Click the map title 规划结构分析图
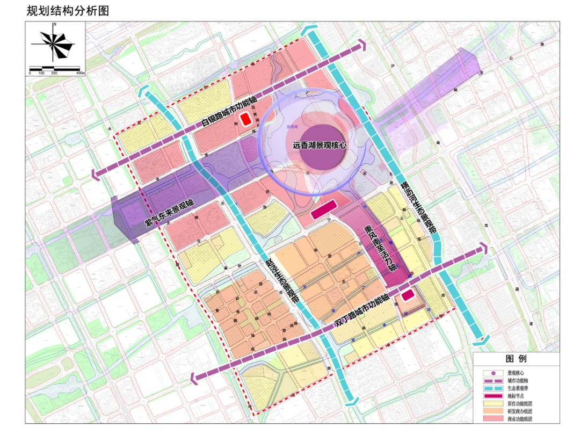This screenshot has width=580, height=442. point(67,10)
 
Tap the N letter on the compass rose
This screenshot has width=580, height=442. point(55,25)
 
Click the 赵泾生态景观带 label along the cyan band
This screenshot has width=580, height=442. point(279,278)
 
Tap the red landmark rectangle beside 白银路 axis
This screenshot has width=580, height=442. point(245,119)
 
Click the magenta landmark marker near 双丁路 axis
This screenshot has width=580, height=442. point(408,295)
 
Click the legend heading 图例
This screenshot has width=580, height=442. point(516,359)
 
